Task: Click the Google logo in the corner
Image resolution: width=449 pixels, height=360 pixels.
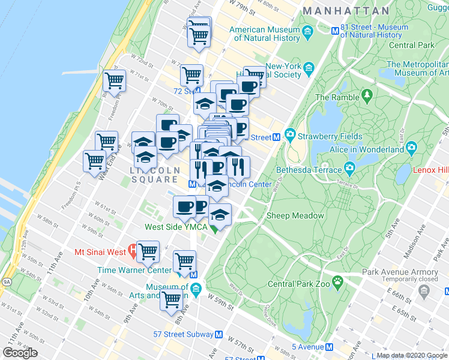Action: point(20,352)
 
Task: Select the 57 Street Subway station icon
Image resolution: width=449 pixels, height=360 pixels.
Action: point(219,334)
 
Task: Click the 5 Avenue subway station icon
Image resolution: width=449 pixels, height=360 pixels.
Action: point(329,346)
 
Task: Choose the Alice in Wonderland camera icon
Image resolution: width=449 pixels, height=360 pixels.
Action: point(411,147)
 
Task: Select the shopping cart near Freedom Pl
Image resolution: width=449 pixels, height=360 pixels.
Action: point(114,80)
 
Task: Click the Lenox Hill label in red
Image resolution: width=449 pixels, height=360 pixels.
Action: point(430,170)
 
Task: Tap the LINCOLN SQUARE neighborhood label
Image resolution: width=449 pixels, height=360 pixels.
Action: point(155,175)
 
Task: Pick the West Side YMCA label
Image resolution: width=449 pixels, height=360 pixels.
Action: point(175,227)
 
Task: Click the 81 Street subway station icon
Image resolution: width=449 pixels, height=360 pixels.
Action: point(336,30)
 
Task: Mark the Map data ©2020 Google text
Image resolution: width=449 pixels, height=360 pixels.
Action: point(412,355)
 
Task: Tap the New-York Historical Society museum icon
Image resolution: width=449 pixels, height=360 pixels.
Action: point(309,66)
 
